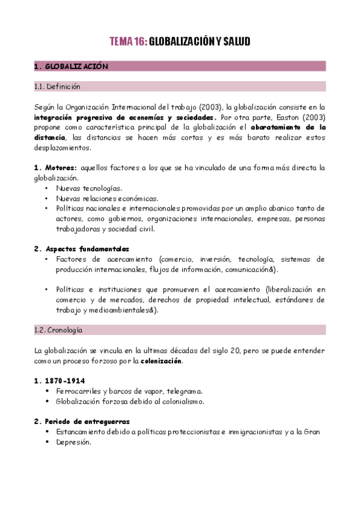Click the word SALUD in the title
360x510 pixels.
[x=236, y=41]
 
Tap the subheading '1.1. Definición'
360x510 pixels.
[x=57, y=86]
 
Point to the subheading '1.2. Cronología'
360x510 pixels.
[x=58, y=330]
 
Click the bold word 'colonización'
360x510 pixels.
[x=160, y=361]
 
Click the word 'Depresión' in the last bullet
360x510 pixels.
[x=73, y=442]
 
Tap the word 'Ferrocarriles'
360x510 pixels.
[x=77, y=391]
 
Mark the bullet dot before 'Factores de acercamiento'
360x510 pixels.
[x=47, y=259]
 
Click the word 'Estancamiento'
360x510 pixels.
[x=81, y=432]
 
